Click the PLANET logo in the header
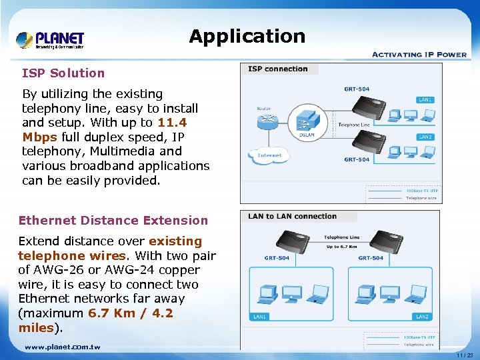tap(50, 39)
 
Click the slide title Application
tap(247, 36)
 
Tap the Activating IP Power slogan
tap(419, 55)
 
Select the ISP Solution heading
tap(63, 73)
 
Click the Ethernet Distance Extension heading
tap(113, 221)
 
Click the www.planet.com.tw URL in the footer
tap(63, 347)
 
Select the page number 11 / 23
tap(465, 355)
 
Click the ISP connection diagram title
tap(278, 69)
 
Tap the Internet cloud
tap(269, 155)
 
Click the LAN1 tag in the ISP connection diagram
tap(425, 100)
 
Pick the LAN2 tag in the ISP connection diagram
tap(425, 137)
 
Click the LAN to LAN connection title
tap(292, 216)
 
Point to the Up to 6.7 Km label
tap(341, 247)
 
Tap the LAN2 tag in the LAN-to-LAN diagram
tap(423, 317)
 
